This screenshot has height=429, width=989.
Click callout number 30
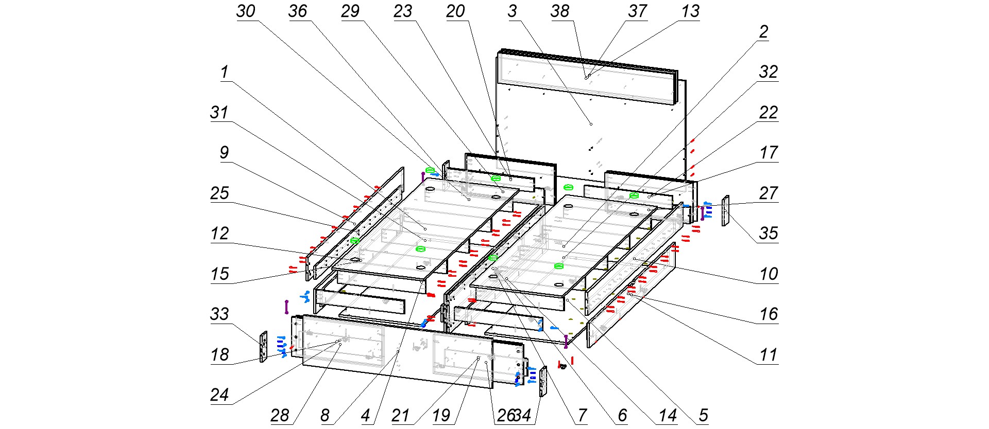pos(246,11)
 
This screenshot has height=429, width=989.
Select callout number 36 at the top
pos(298,11)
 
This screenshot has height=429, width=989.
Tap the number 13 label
pos(690,11)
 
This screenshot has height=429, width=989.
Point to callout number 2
pos(763,32)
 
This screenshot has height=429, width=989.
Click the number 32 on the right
pos(768,72)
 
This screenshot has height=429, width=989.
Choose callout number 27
pos(768,193)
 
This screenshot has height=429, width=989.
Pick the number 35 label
pos(768,234)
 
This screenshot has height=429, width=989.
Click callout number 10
pos(768,274)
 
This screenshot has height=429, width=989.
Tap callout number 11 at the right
pos(768,355)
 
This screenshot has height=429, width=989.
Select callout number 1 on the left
pos(224,72)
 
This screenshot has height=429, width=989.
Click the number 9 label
pos(224,153)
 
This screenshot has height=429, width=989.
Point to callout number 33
pos(219,314)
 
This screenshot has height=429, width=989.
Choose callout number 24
pos(219,395)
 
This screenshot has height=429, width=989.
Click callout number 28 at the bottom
pos(280,416)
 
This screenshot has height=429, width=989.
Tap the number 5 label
pos(703,416)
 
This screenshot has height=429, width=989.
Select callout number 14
pos(668,416)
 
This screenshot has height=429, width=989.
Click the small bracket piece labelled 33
pos(264,347)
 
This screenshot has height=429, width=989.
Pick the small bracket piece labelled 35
pos(726,211)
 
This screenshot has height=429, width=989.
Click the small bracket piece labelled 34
pos(543,381)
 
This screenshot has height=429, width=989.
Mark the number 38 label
pos(560,11)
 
